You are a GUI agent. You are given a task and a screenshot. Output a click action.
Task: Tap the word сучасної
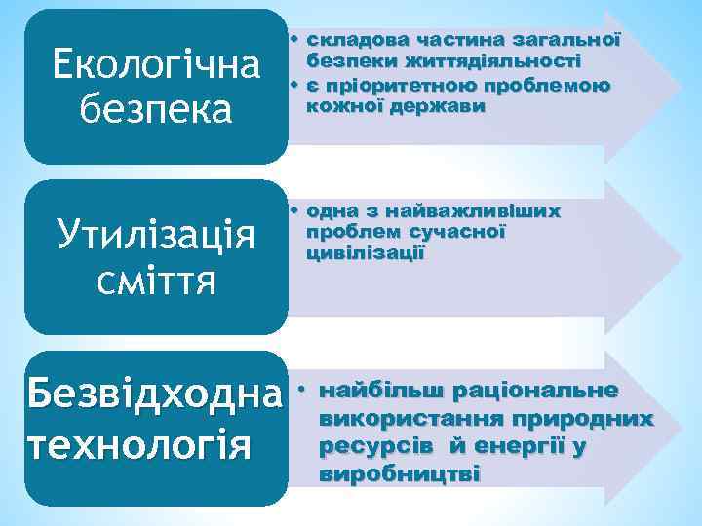pyautogui.click(x=457, y=232)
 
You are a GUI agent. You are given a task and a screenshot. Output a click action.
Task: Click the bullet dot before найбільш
pyautogui.click(x=302, y=391)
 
